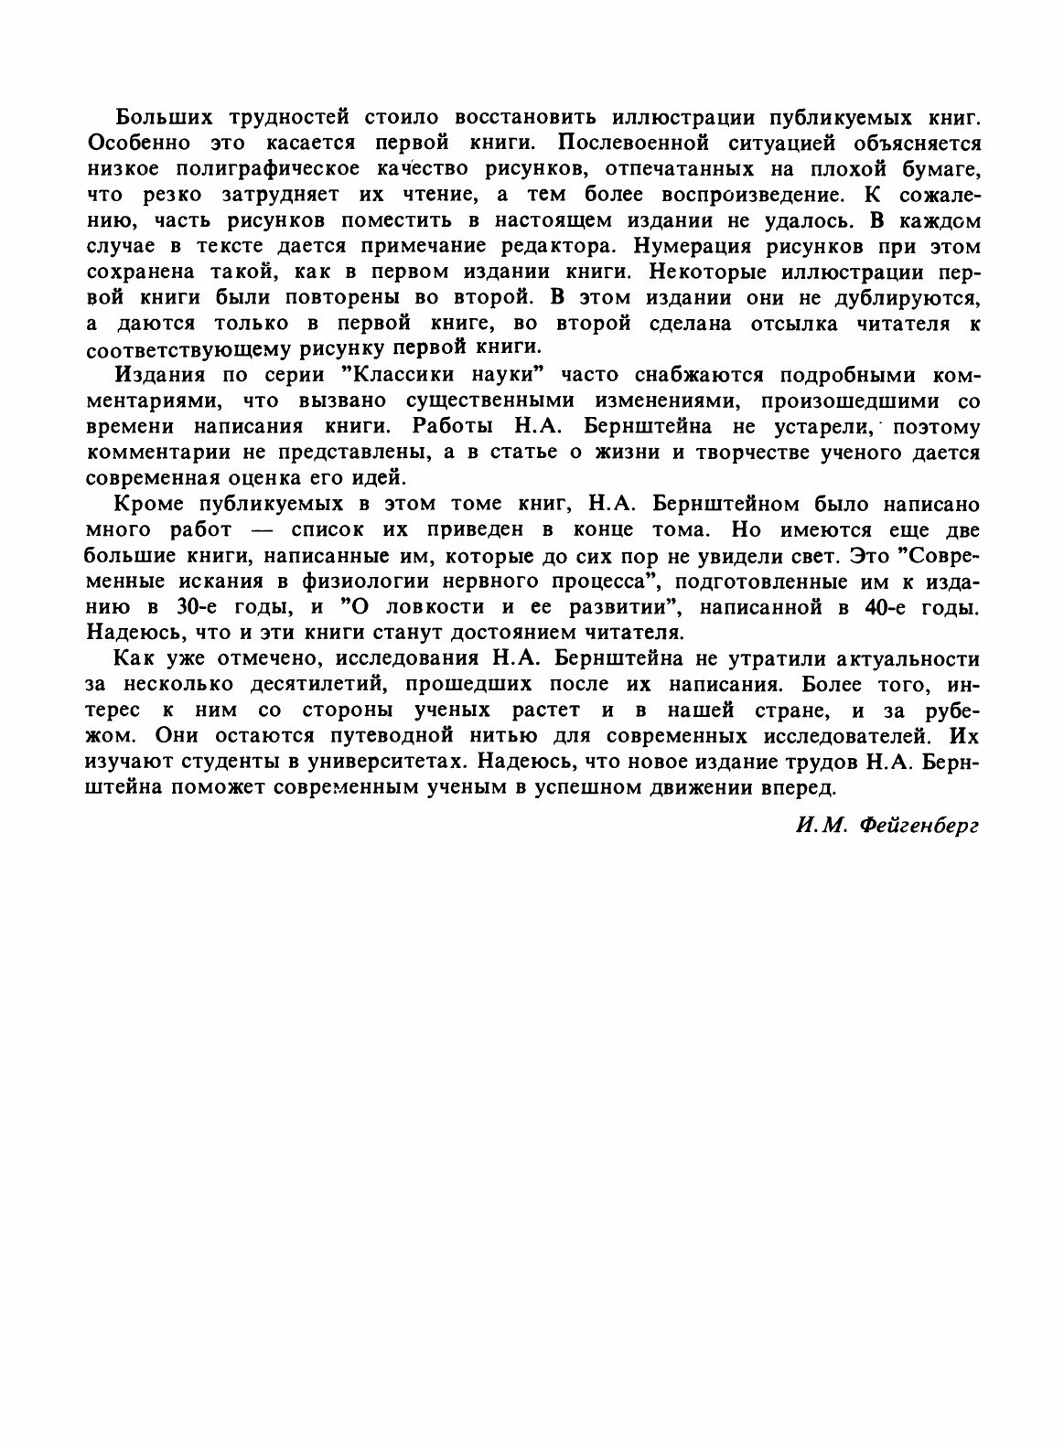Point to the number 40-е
(887, 606)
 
